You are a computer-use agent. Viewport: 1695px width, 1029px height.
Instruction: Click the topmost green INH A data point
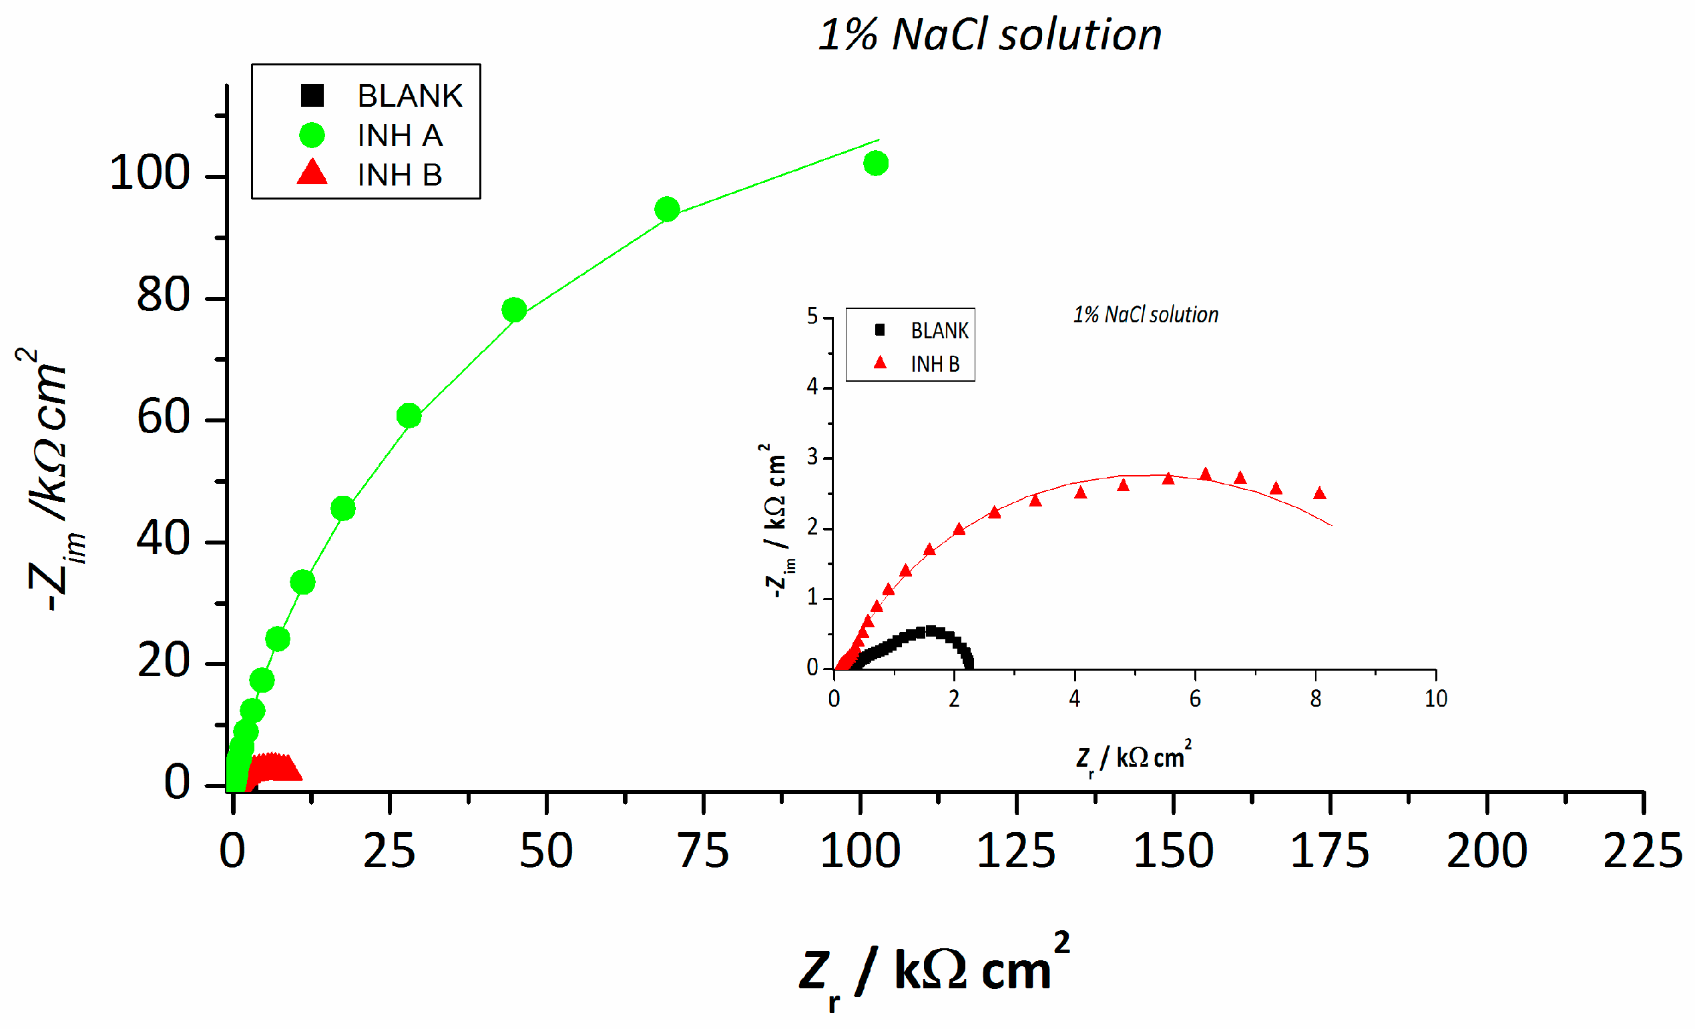pos(875,163)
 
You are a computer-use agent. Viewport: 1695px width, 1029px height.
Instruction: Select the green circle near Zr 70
pos(666,209)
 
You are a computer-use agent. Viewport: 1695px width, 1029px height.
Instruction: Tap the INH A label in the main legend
pos(400,135)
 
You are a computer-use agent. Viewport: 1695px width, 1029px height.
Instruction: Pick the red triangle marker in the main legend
pos(312,173)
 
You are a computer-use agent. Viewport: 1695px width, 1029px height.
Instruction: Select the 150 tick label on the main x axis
pos(1173,851)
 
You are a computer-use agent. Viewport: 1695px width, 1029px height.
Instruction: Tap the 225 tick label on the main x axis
pos(1642,851)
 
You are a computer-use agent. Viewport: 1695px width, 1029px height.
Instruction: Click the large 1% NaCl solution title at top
pos(989,35)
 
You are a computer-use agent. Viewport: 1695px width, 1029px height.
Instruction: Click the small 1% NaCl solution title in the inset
pos(1146,314)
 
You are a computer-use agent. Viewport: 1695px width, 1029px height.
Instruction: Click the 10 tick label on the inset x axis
pos(1436,699)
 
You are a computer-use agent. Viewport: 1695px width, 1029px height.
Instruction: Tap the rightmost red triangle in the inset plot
pos(1319,492)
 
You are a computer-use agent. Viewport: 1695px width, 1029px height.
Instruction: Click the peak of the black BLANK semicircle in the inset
pos(931,631)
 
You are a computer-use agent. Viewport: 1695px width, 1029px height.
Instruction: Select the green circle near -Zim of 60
pos(409,416)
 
